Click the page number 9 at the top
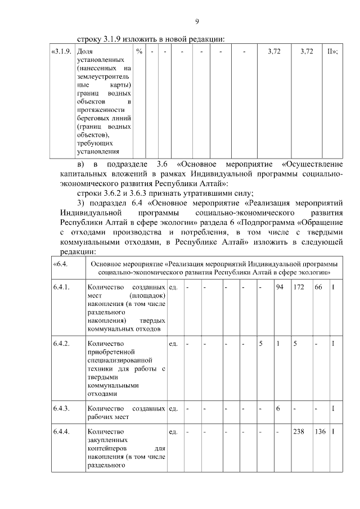tap(197, 21)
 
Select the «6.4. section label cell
tap(60, 264)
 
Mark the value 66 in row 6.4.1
tap(318, 287)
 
